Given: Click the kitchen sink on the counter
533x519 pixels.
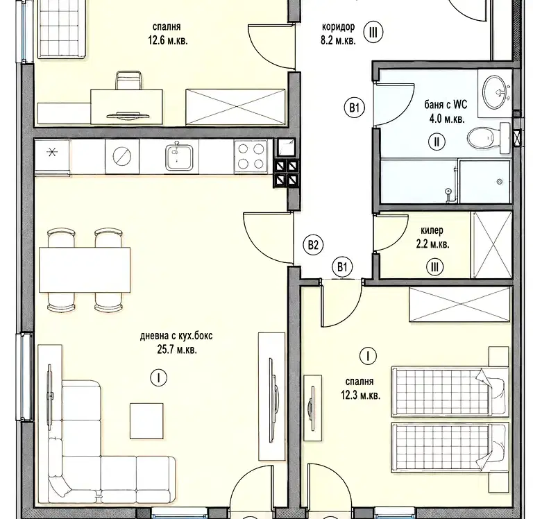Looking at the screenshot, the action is pyautogui.click(x=179, y=158).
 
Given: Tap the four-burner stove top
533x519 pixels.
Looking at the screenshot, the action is pyautogui.click(x=251, y=157).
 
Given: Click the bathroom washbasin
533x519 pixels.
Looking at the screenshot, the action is pyautogui.click(x=496, y=90).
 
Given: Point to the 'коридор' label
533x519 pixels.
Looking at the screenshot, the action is pyautogui.click(x=338, y=26).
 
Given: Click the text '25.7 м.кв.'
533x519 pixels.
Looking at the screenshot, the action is pyautogui.click(x=177, y=350).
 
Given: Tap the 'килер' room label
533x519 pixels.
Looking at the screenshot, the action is pyautogui.click(x=432, y=231).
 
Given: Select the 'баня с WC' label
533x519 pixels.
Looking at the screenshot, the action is pyautogui.click(x=446, y=104).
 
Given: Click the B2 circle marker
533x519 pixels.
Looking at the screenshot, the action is pyautogui.click(x=313, y=245).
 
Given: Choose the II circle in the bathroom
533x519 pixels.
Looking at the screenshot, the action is pyautogui.click(x=437, y=142).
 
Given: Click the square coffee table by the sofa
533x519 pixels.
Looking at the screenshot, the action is pyautogui.click(x=146, y=421).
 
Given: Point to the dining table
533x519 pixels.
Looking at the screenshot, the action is pyautogui.click(x=85, y=270).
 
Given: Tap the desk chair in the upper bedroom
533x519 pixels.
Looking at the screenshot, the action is pyautogui.click(x=128, y=80).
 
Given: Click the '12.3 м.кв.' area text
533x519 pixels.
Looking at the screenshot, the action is pyautogui.click(x=361, y=395).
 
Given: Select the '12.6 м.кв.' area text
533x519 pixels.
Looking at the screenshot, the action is pyautogui.click(x=167, y=41).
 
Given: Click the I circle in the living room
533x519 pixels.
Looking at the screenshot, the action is pyautogui.click(x=158, y=377).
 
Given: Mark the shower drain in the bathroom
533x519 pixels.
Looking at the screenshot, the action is pyautogui.click(x=500, y=182).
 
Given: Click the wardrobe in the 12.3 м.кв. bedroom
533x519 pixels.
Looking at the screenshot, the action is pyautogui.click(x=460, y=304).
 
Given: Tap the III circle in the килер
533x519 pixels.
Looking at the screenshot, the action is pyautogui.click(x=434, y=267).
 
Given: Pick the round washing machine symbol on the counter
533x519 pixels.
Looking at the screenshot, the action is pyautogui.click(x=121, y=156).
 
